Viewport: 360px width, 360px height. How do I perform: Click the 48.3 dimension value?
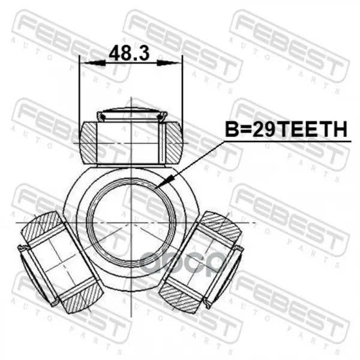[129, 53]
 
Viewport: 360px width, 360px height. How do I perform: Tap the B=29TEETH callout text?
[286, 129]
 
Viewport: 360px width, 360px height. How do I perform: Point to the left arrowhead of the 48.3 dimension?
[95, 62]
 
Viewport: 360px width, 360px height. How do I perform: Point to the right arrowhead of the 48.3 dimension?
[167, 62]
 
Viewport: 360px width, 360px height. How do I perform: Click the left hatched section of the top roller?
[88, 143]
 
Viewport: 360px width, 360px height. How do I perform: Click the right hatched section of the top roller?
[174, 143]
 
